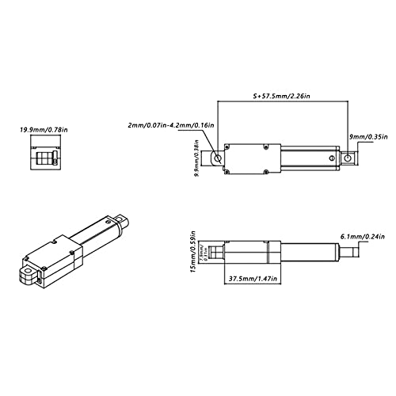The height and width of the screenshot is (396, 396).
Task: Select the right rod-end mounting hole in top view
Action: point(347,158)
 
